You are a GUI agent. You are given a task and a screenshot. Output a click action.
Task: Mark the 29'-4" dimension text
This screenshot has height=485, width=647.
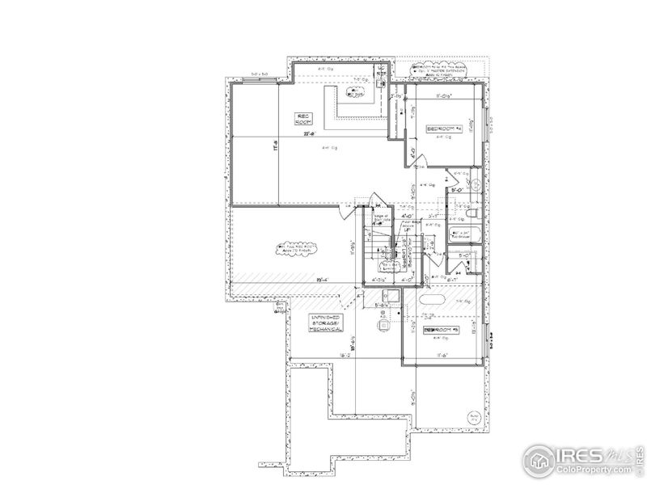point(321,280)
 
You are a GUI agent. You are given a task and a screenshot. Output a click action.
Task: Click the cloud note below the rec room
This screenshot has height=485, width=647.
point(292,249)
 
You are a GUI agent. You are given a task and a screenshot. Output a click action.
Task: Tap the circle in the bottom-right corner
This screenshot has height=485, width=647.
point(472,418)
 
